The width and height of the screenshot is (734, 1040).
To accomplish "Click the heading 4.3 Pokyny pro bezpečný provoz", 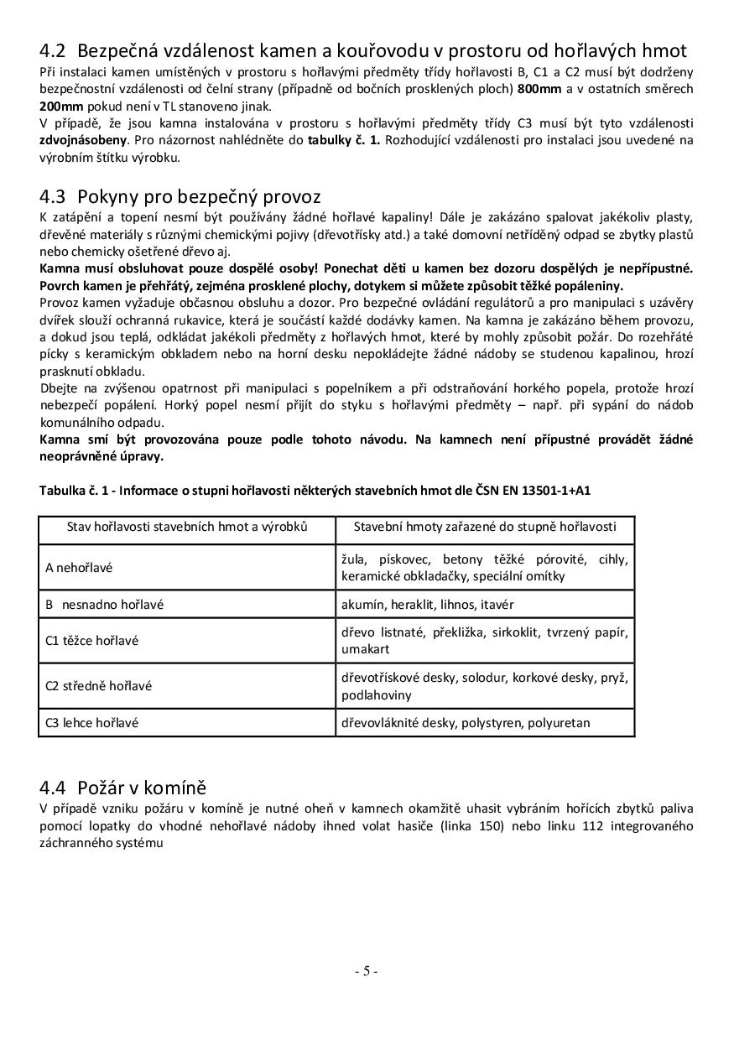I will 180,197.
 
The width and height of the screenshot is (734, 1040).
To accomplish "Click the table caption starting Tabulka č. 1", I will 315,490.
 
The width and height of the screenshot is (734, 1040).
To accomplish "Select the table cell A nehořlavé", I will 79,568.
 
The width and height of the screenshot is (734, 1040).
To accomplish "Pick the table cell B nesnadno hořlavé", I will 104,604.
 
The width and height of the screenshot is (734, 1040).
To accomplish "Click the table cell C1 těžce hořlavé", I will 91,641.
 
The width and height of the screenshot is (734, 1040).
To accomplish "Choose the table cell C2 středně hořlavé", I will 98,685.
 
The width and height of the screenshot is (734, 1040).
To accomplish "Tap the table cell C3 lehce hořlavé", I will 91,722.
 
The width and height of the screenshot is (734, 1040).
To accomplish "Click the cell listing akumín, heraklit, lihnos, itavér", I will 427,604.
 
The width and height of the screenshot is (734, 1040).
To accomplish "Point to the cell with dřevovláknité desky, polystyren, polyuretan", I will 466,722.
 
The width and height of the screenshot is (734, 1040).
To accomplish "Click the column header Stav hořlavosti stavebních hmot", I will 187,527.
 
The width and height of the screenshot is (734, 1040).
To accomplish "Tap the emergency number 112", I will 573,826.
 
